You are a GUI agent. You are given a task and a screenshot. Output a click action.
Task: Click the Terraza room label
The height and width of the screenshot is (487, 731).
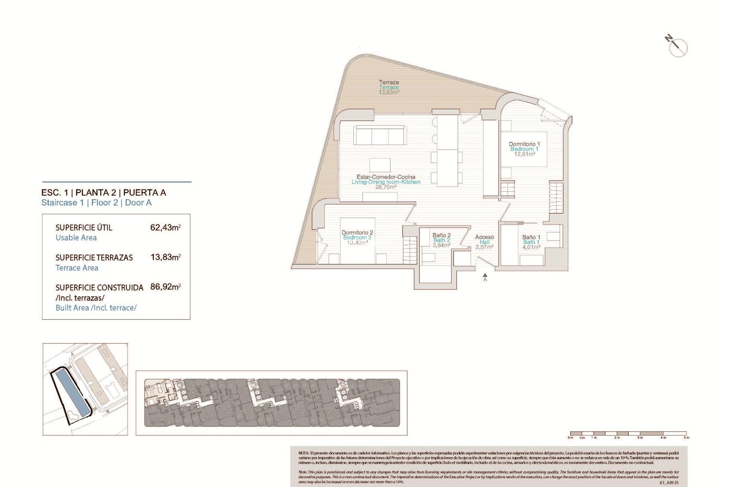click(389, 82)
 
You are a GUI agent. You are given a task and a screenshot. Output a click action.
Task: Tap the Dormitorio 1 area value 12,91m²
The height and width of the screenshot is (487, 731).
click(524, 154)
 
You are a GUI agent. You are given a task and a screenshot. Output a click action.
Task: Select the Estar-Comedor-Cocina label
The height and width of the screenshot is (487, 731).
click(386, 177)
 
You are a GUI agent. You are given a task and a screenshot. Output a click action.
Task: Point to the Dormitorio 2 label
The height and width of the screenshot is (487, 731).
click(357, 232)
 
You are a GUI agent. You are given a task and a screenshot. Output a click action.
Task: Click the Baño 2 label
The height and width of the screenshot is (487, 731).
click(441, 235)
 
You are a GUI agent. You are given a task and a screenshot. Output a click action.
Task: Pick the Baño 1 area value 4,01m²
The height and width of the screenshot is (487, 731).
click(531, 247)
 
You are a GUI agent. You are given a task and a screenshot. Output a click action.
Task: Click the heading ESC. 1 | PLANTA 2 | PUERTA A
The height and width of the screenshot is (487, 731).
click(104, 193)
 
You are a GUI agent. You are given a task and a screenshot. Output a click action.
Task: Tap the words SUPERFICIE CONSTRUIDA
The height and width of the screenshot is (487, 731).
click(99, 288)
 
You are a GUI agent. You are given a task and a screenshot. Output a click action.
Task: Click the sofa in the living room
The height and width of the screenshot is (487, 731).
click(380, 135)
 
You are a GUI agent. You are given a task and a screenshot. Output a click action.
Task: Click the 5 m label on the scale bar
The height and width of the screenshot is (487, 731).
click(686, 438)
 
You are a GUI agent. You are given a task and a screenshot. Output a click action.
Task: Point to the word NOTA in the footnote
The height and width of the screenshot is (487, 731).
click(303, 453)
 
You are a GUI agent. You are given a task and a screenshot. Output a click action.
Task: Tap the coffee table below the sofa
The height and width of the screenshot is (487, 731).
click(380, 165)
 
